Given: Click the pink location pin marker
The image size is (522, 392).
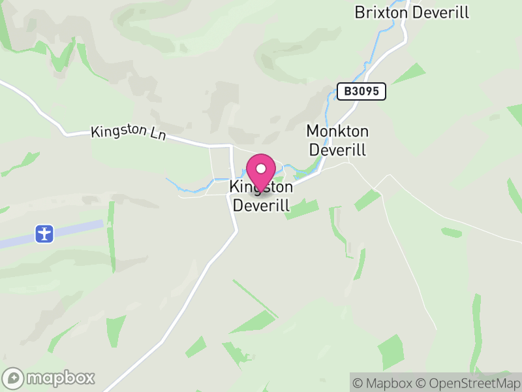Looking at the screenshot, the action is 261,174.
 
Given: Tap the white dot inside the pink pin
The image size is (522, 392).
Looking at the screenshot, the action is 261,169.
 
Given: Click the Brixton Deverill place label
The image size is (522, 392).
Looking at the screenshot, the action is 412,12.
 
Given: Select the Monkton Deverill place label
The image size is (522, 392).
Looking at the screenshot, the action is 337,140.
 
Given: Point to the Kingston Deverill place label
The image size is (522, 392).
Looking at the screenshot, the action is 261,196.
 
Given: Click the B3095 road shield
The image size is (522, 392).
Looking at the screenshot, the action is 362,91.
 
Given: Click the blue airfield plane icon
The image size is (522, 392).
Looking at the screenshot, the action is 44,233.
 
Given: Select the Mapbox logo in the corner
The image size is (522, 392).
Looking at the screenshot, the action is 50,378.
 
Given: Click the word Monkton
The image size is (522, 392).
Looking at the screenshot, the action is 337,131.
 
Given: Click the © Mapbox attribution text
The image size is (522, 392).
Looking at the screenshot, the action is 382,383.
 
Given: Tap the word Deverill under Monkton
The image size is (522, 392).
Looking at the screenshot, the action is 337,150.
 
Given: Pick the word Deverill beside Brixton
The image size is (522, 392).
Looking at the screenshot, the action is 440,12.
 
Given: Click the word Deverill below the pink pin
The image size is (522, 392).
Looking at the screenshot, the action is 261,205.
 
